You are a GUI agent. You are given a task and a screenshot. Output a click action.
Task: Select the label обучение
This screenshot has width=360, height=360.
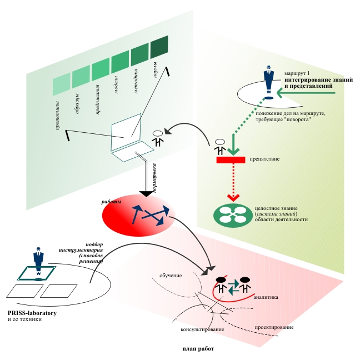tap(172, 275)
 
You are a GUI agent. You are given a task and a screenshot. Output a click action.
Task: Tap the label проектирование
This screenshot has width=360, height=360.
tap(274, 328)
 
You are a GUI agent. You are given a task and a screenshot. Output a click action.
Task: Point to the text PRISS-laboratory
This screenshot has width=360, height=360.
tap(32, 313)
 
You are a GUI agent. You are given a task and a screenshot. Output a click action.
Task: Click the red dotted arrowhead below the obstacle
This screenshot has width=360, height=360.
tap(233, 197)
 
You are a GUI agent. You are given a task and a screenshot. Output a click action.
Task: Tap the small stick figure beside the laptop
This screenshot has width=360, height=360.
tap(158, 139)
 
